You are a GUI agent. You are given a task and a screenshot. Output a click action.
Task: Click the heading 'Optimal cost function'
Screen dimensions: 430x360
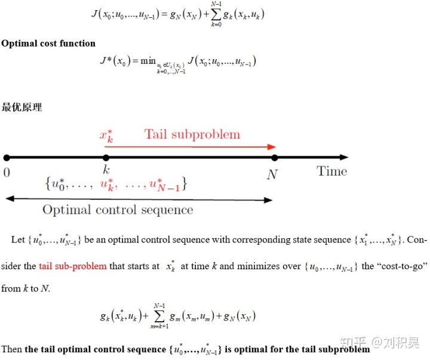[48, 43]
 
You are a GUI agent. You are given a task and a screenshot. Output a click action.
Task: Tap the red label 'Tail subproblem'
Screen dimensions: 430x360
[192, 134]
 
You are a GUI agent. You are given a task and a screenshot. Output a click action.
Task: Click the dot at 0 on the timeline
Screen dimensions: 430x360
[7, 158]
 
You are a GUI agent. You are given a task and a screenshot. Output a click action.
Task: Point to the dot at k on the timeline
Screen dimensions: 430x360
[106, 158]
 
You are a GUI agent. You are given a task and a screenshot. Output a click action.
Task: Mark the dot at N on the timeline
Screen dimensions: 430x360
[274, 158]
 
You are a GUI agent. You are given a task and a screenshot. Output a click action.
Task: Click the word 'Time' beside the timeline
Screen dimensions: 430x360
[331, 171]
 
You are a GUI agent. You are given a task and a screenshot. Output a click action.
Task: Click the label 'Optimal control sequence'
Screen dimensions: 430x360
[118, 210]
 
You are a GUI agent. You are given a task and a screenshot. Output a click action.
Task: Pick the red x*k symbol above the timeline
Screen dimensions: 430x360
[107, 134]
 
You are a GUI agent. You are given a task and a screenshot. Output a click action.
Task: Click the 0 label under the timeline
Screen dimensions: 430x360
[7, 173]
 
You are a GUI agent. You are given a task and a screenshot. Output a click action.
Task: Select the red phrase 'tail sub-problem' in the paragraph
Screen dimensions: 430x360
[73, 266]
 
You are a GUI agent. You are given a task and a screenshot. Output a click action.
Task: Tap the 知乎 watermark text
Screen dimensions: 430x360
[352, 343]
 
